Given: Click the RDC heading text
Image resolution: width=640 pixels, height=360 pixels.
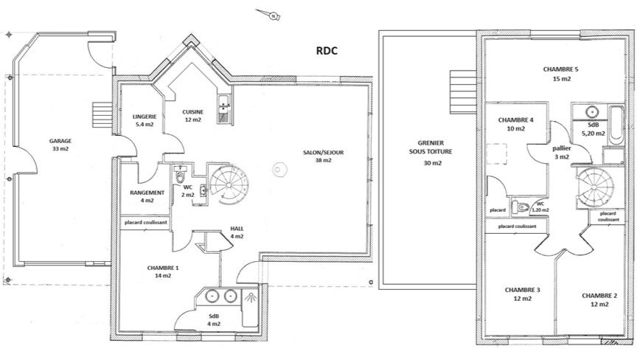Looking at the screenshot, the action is (327, 51).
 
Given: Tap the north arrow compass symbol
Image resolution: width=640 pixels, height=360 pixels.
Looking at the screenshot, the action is (269, 14).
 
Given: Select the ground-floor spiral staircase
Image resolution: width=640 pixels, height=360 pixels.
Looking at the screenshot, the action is (229, 184).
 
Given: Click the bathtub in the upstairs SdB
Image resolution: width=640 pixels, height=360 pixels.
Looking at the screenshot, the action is (616, 125).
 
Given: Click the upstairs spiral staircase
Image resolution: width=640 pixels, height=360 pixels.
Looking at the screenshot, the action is (595, 187).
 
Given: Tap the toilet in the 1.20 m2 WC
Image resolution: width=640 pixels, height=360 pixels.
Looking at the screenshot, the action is (521, 207).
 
